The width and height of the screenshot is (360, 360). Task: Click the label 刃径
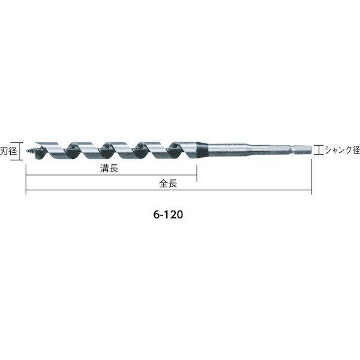[8, 151]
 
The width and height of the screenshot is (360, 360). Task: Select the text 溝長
[109, 169]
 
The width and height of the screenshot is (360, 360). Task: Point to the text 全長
[168, 184]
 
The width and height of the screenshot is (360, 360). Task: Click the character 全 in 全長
[164, 184]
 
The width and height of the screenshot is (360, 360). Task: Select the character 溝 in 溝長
[104, 169]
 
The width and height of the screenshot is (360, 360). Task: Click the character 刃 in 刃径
[4, 151]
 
